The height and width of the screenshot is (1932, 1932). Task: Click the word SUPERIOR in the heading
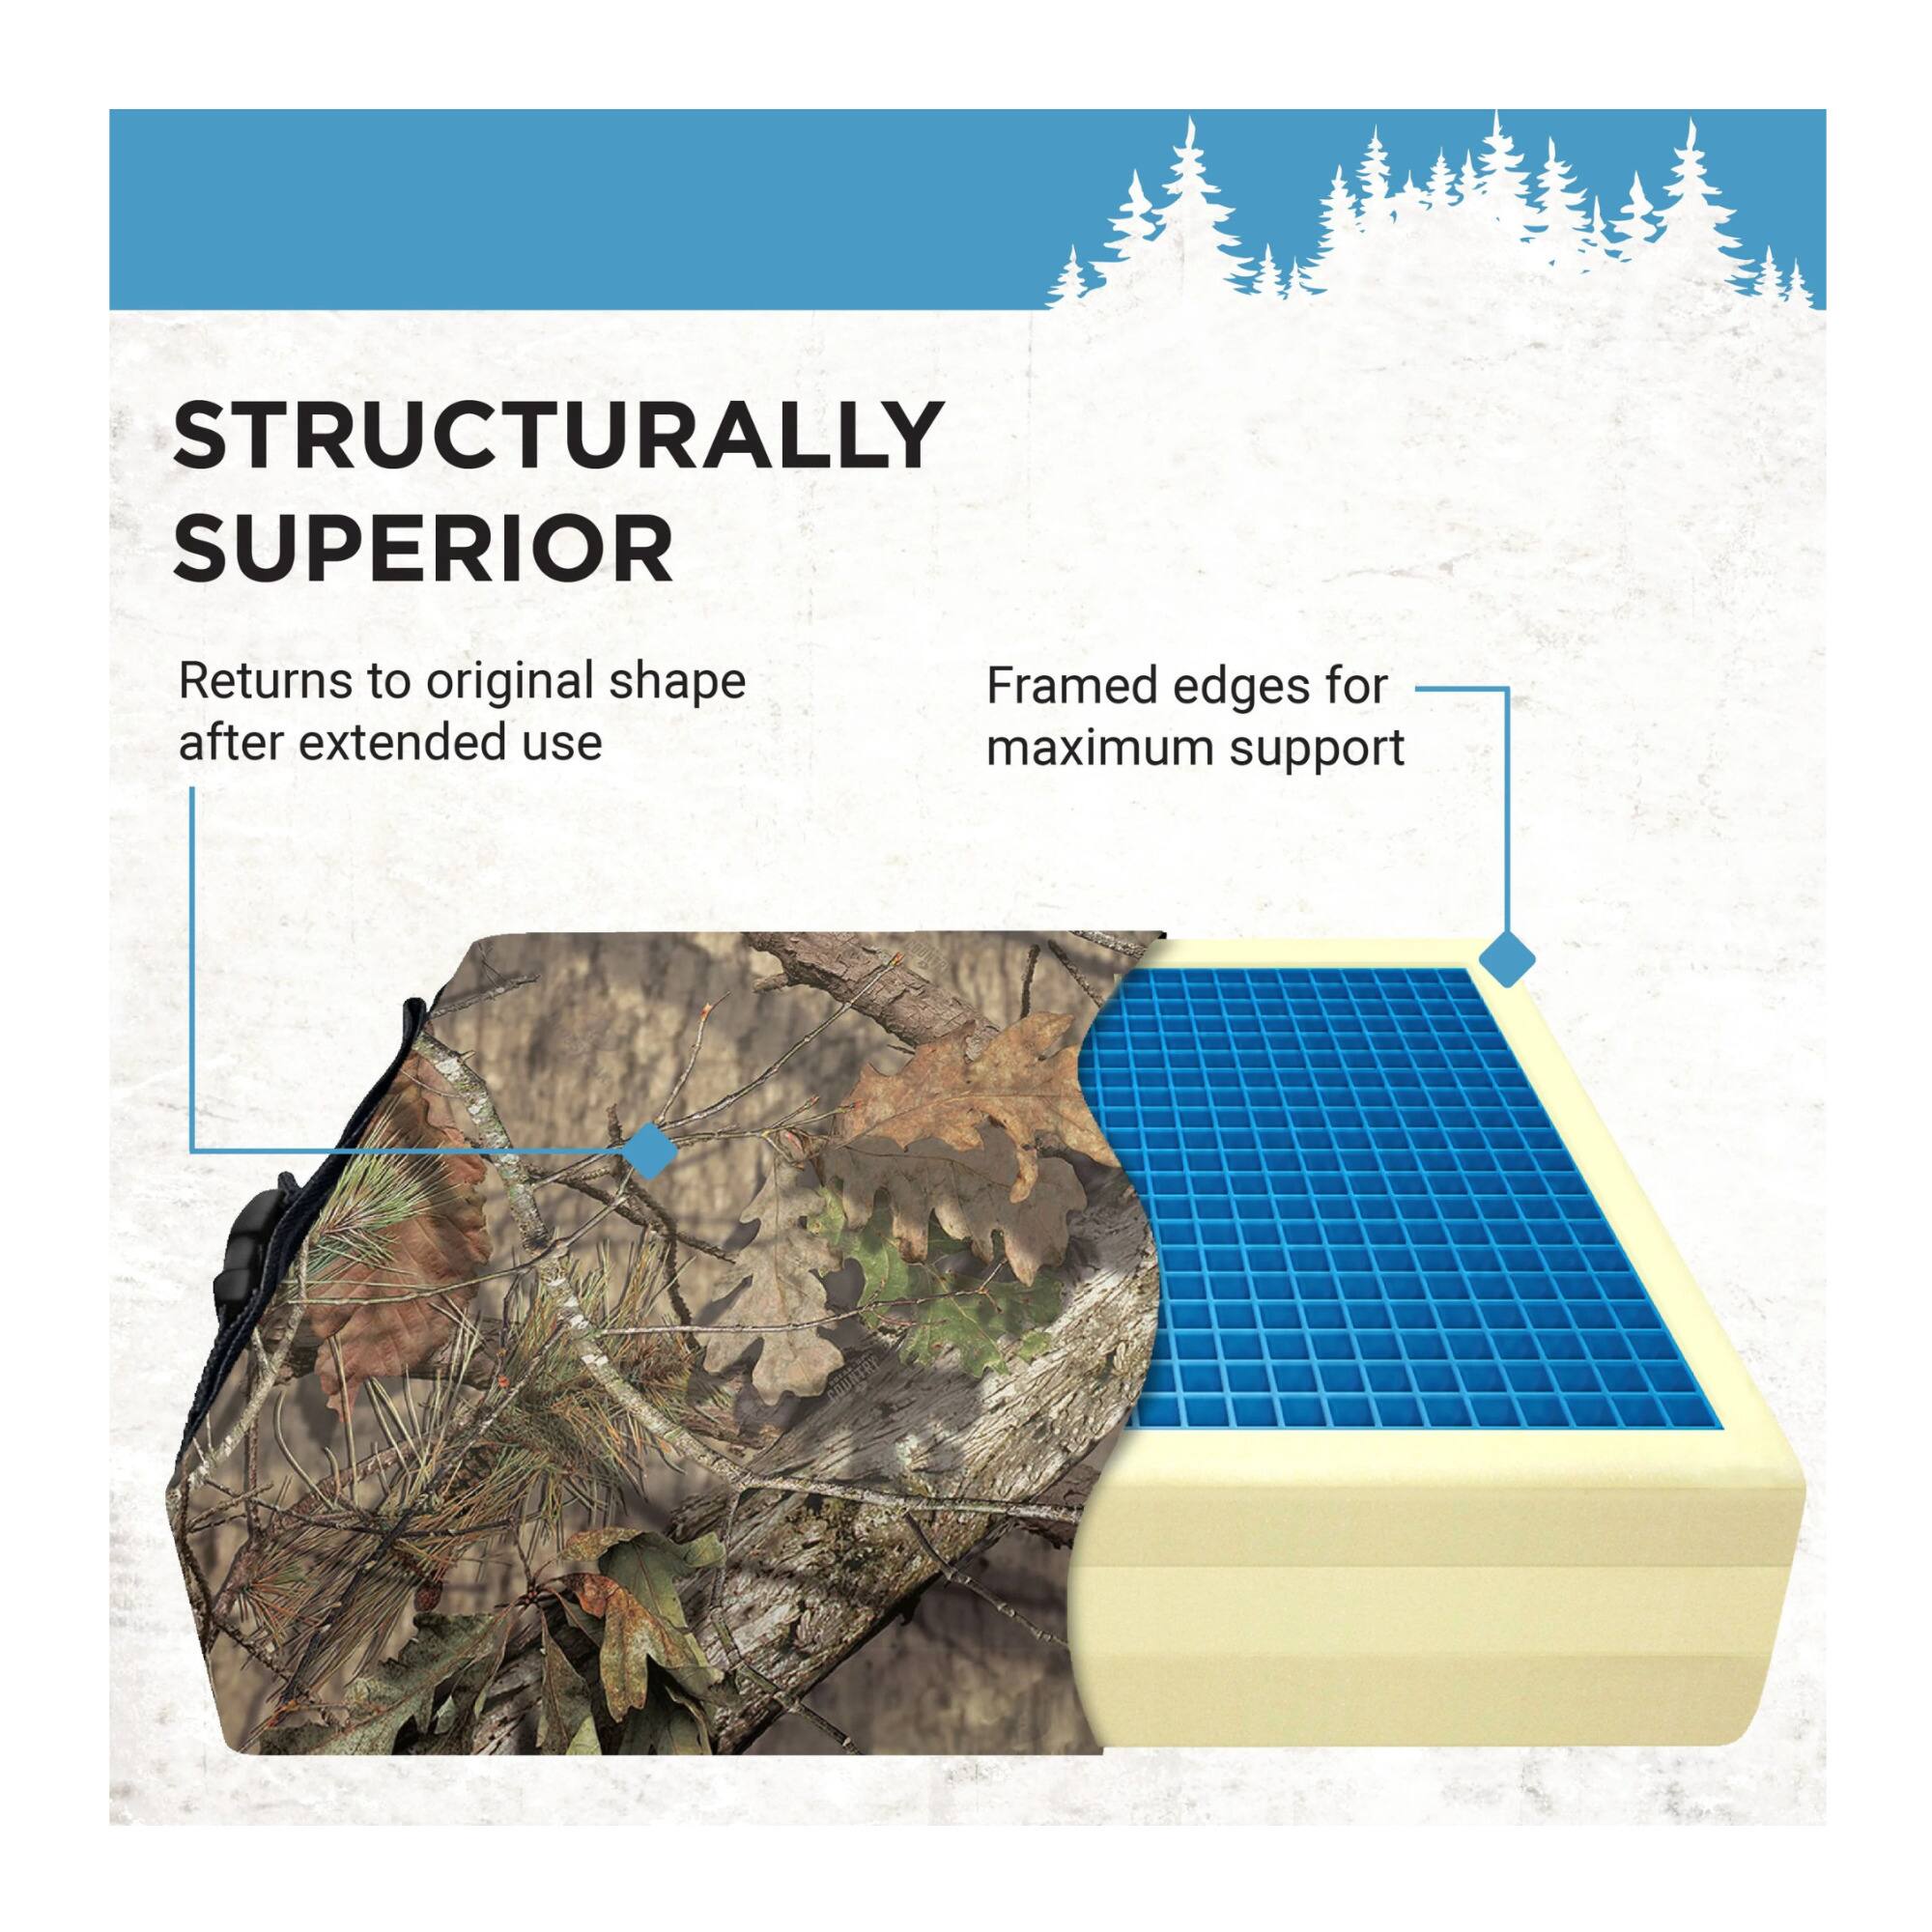pyautogui.click(x=423, y=548)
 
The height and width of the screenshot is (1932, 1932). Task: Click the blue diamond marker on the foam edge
pyautogui.click(x=1506, y=960)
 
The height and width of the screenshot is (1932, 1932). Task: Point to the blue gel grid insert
pyautogui.click(x=1390, y=1200)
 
